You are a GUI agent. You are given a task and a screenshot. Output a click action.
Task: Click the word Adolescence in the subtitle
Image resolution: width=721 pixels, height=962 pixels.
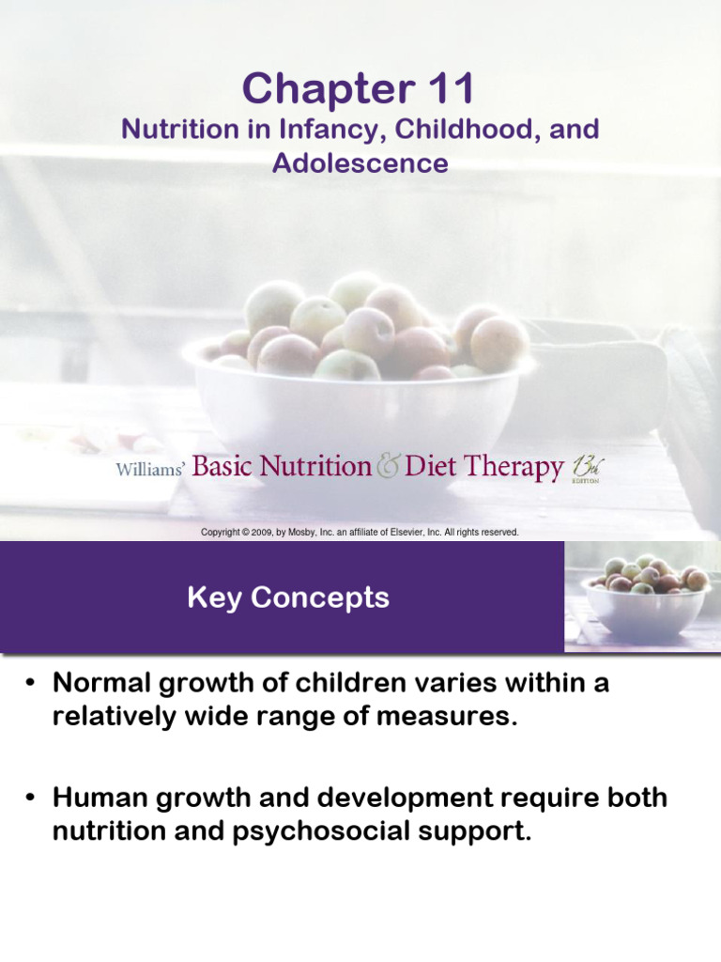click(x=360, y=163)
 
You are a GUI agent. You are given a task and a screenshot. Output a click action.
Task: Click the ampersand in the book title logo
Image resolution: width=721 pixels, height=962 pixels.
click(x=389, y=466)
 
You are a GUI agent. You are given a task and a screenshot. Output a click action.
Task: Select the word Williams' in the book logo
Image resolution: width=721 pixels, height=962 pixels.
click(x=149, y=469)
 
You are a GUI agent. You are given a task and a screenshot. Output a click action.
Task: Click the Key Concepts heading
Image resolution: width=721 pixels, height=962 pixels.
click(x=288, y=597)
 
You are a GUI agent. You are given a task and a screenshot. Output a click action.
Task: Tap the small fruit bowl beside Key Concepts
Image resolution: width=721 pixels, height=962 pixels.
click(x=643, y=596)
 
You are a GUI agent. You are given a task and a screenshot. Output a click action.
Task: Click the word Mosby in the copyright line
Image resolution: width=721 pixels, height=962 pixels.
click(x=310, y=533)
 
